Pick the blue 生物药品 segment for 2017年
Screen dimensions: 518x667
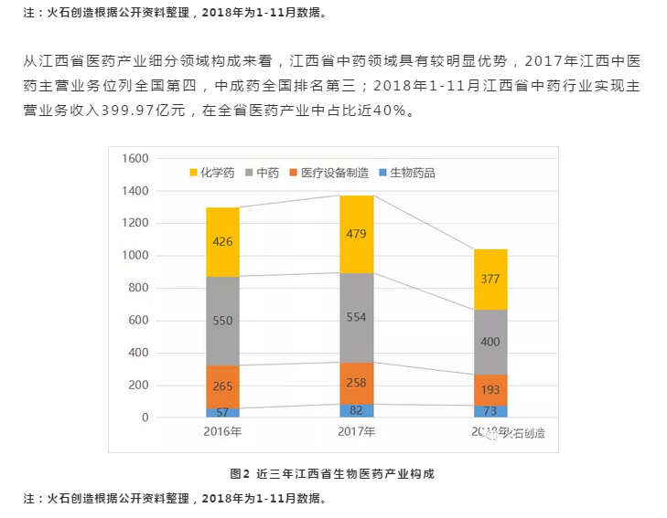[357, 410]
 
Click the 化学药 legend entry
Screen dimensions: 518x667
[213, 172]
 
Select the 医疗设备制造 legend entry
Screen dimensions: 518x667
[330, 172]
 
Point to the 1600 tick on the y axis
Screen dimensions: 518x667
[134, 159]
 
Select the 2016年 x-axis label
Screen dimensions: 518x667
[222, 432]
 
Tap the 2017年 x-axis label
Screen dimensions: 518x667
[357, 432]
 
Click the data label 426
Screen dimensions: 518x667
[222, 242]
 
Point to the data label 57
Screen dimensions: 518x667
[222, 412]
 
